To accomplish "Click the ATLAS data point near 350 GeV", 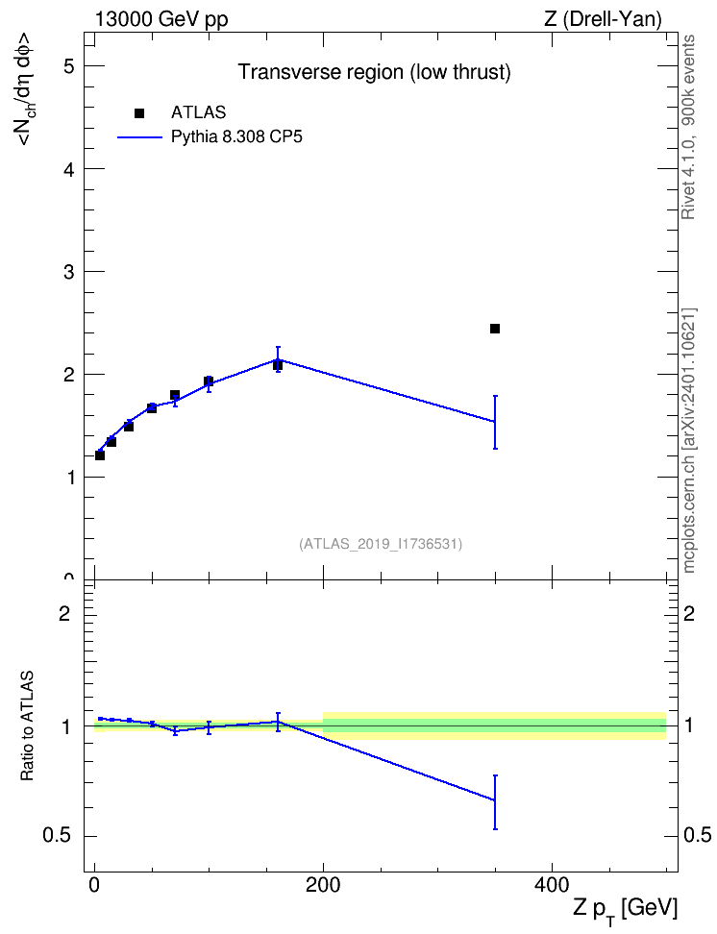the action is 495,329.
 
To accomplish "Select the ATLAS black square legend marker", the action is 139,113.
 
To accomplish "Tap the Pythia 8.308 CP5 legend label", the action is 236,137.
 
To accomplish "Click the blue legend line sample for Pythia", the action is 139,137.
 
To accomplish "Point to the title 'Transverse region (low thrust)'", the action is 374,72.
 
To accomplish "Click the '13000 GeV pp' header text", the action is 161,19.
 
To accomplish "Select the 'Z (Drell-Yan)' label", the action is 603,19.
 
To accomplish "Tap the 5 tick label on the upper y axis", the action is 69,65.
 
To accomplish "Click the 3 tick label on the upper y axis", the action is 69,272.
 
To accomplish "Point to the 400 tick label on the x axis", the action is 552,886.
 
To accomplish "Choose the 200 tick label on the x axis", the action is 323,886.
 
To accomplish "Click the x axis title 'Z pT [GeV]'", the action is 626,910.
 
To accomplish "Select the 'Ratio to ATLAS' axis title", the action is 27,726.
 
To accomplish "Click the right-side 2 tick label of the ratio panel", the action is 689,613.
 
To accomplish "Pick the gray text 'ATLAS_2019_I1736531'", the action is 381,544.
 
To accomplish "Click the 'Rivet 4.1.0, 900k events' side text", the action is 688,127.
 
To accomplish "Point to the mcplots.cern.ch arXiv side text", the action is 689,440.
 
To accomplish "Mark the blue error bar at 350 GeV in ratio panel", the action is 495,801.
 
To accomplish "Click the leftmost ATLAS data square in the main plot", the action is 100,455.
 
